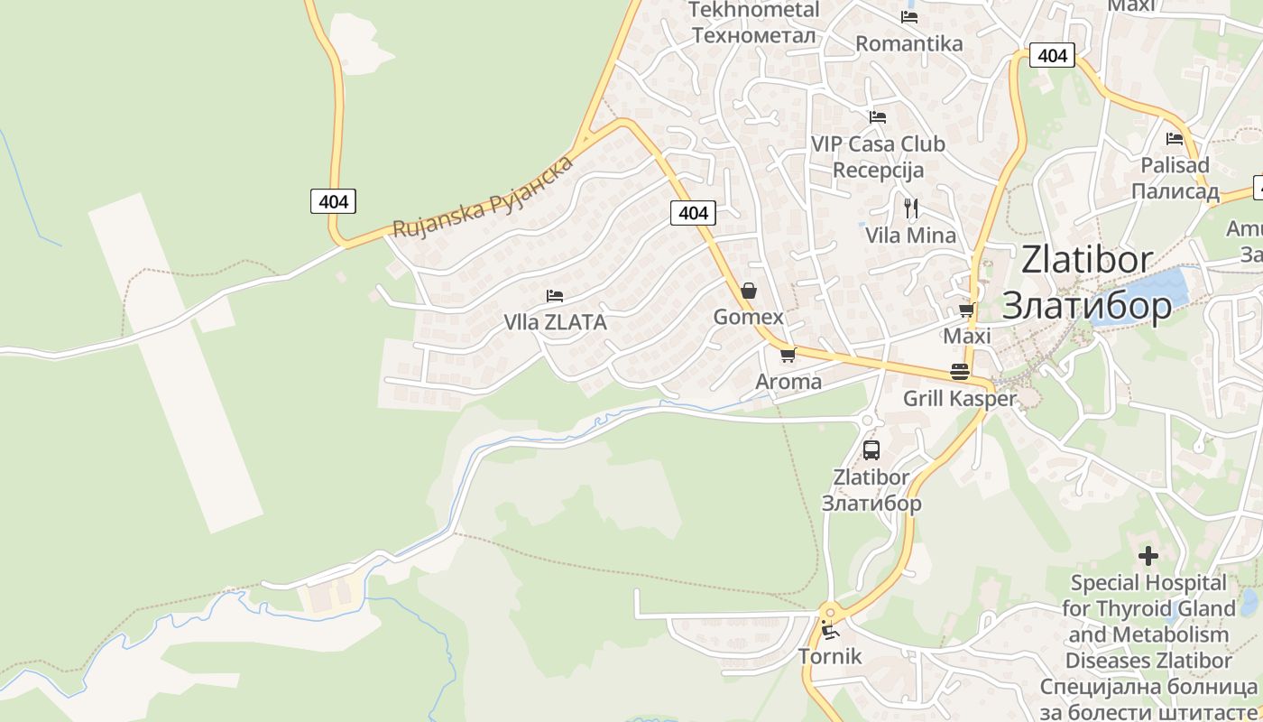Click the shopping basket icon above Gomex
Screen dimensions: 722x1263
pyautogui.click(x=748, y=291)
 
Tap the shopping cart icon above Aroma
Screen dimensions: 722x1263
pyautogui.click(x=788, y=355)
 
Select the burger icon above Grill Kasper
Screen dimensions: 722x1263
pyautogui.click(x=959, y=372)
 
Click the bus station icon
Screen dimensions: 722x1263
pyautogui.click(x=871, y=449)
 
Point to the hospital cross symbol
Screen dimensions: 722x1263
pyautogui.click(x=1148, y=555)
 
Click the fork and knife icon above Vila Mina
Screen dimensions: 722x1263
pyautogui.click(x=910, y=208)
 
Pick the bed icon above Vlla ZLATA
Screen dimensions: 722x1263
pyautogui.click(x=555, y=295)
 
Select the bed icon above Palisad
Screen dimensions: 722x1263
pyautogui.click(x=1175, y=139)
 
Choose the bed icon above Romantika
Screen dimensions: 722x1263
pyautogui.click(x=909, y=16)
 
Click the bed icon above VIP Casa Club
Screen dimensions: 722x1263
pyautogui.click(x=877, y=116)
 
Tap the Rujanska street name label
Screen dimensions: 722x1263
pyautogui.click(x=483, y=198)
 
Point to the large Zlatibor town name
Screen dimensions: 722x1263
pyautogui.click(x=1087, y=282)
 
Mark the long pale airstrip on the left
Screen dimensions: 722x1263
pyautogui.click(x=175, y=361)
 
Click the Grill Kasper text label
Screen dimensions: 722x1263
pyautogui.click(x=960, y=398)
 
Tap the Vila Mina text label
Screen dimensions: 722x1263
pyautogui.click(x=910, y=236)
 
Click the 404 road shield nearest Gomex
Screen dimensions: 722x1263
pyautogui.click(x=693, y=213)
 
